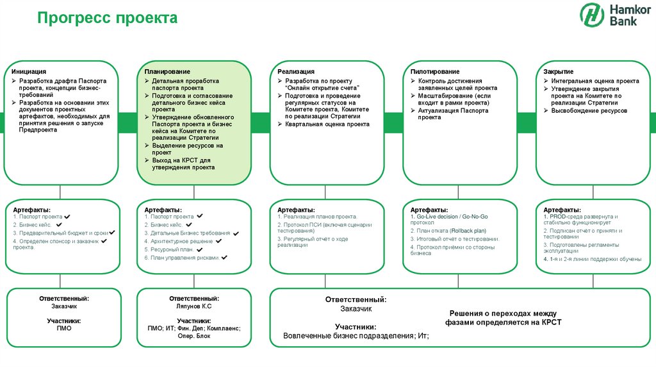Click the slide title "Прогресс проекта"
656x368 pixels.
[107, 19]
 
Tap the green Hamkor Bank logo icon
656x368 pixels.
[591, 15]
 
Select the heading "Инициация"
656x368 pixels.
[28, 71]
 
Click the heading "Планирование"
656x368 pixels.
[167, 71]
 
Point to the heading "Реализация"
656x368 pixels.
[296, 71]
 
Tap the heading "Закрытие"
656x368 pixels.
[558, 71]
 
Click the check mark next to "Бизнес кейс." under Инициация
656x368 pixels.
[59, 225]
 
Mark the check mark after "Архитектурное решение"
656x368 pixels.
[218, 241]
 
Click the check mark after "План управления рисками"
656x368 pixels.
[225, 257]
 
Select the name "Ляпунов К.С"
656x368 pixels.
[194, 307]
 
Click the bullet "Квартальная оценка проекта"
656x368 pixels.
[327, 124]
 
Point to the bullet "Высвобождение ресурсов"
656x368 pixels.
[589, 111]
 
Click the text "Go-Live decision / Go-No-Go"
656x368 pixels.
[452, 217]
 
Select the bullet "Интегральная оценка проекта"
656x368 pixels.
[594, 81]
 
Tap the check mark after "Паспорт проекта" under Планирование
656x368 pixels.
[200, 217]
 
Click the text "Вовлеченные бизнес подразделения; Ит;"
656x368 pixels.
[356, 336]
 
